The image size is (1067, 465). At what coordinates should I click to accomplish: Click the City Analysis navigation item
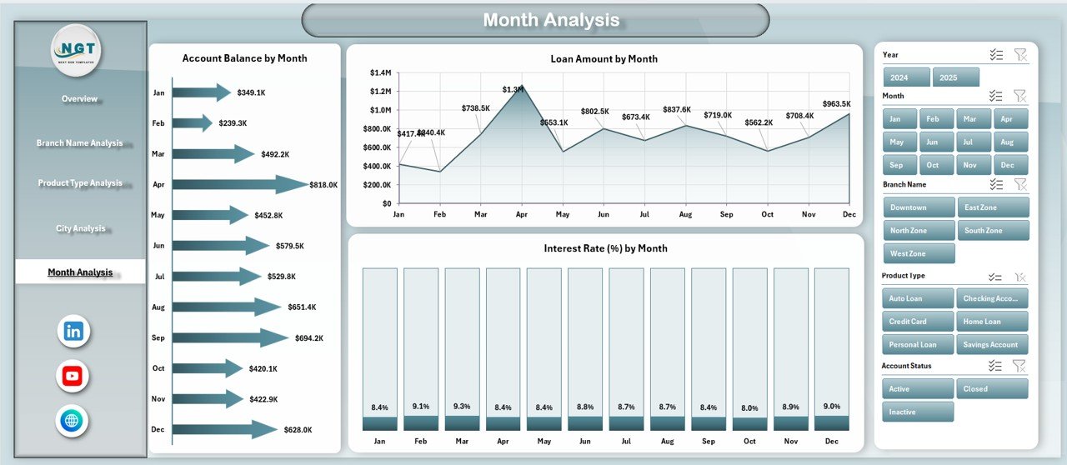[80, 228]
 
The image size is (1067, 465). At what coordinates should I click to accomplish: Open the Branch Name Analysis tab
[79, 143]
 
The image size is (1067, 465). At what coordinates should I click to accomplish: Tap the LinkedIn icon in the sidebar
[73, 331]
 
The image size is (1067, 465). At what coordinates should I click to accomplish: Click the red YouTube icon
[73, 376]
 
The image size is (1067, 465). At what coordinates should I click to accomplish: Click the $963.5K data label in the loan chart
[838, 104]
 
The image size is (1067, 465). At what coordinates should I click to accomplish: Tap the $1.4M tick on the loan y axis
[381, 73]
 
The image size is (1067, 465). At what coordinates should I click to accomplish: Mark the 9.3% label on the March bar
[461, 407]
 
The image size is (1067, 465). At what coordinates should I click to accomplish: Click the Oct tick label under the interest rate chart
[749, 442]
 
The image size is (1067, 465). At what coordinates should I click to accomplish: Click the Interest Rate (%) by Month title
[605, 248]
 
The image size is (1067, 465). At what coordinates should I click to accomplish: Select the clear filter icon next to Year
[1019, 54]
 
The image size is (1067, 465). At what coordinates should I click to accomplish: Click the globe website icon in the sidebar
[73, 420]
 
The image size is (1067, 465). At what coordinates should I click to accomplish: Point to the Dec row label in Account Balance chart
[158, 429]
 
